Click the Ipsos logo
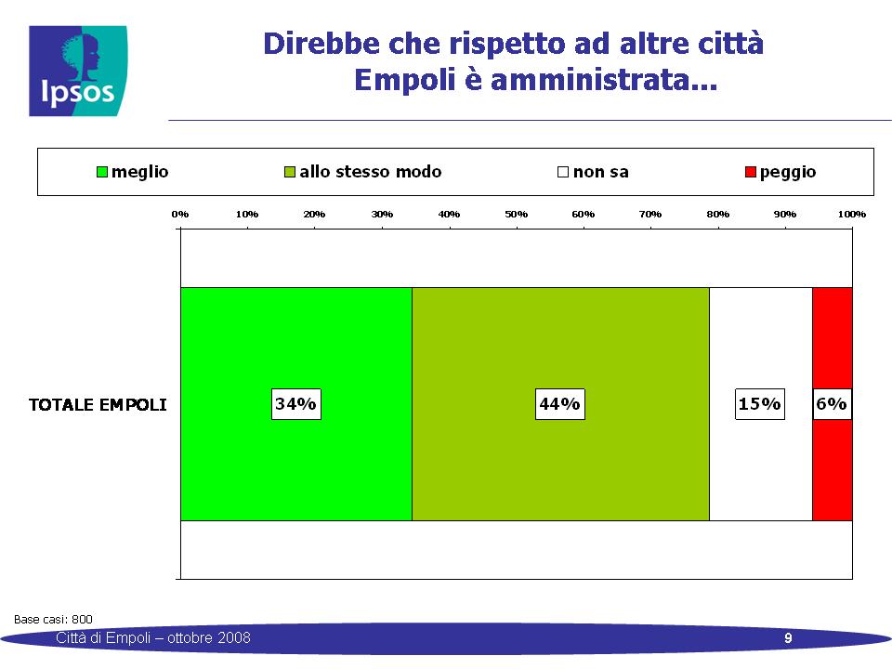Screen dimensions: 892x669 point(78,72)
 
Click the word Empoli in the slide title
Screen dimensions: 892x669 point(405,79)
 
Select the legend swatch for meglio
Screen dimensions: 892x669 point(102,172)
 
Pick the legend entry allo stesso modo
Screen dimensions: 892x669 point(362,172)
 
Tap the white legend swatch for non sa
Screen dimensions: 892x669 point(563,172)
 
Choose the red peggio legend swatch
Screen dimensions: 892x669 point(751,172)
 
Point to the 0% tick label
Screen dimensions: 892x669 point(179,214)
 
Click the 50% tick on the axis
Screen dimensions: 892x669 point(516,214)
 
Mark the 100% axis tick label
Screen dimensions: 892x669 point(852,214)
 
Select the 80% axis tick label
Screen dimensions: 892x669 point(718,214)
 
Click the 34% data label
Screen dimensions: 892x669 point(295,404)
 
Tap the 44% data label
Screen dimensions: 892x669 point(559,404)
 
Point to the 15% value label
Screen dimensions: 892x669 point(759,404)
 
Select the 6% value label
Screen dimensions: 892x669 point(832,404)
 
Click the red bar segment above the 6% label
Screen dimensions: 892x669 point(833,338)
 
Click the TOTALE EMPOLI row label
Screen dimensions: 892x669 point(98,404)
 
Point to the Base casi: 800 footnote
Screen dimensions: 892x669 point(53,619)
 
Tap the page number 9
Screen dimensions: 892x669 point(788,637)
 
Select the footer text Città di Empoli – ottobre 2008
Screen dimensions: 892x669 point(153,637)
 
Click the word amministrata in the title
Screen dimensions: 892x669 point(604,79)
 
